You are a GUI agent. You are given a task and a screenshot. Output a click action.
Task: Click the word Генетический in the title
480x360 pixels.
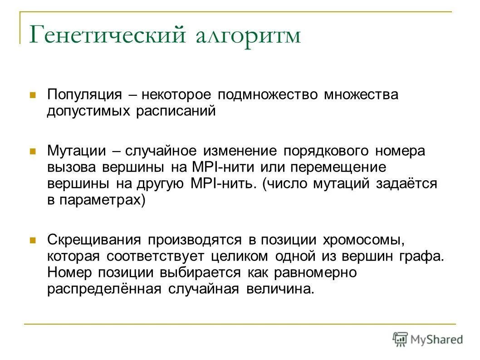pyautogui.click(x=108, y=35)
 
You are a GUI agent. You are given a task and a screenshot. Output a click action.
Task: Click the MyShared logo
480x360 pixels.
pyautogui.click(x=428, y=339)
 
